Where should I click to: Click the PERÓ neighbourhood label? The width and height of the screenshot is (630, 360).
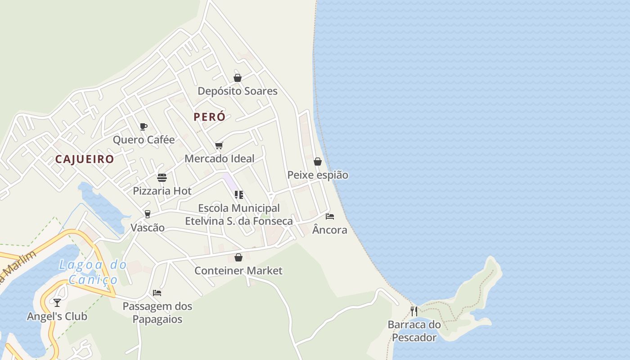(209, 117)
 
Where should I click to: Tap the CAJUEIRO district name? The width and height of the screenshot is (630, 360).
(85, 159)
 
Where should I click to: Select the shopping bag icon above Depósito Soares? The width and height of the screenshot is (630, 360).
(238, 78)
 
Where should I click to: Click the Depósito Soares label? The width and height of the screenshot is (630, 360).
(238, 91)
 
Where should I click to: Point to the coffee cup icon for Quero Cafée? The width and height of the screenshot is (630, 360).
(143, 126)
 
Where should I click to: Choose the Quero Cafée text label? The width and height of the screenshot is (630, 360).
(144, 140)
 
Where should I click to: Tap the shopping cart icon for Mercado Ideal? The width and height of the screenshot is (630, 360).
(219, 145)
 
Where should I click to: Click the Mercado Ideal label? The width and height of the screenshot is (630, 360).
(219, 159)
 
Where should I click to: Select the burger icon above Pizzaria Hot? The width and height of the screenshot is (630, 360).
(162, 178)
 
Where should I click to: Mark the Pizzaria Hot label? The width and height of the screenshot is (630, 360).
(162, 191)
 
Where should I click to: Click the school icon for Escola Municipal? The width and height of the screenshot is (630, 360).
(239, 195)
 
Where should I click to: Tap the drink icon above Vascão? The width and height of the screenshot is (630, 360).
(147, 214)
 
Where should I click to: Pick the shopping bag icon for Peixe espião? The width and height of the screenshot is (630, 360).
(318, 162)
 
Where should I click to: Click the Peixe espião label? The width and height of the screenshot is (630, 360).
(318, 175)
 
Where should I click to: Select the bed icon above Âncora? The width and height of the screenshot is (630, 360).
(330, 216)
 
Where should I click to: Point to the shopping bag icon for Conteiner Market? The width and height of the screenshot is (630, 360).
(238, 257)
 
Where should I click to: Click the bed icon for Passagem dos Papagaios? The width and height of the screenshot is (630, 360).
(157, 293)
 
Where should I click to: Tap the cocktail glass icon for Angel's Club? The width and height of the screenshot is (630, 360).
(57, 302)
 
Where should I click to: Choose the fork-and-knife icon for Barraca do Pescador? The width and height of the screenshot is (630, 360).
(414, 311)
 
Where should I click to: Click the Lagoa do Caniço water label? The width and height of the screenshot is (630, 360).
(93, 272)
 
